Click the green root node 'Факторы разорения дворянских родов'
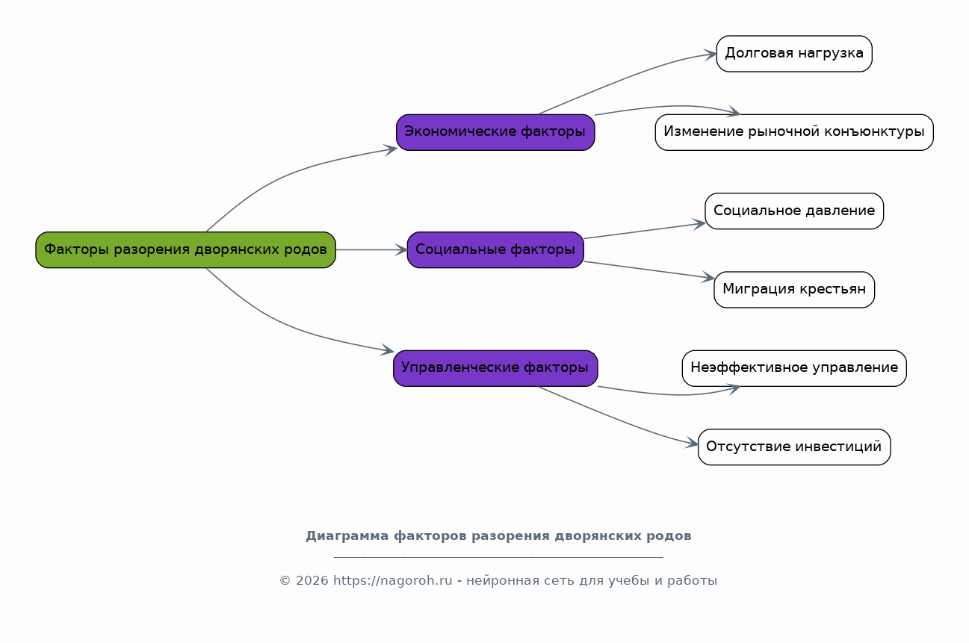(x=185, y=250)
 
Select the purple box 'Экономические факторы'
(x=495, y=132)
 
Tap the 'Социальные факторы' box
(x=495, y=250)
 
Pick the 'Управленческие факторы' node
(x=495, y=368)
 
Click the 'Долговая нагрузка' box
(x=794, y=54)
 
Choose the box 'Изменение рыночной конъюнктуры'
(x=794, y=132)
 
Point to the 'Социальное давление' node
(x=794, y=211)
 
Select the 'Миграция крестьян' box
(x=794, y=290)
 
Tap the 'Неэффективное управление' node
(x=794, y=368)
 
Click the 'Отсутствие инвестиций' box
(x=794, y=447)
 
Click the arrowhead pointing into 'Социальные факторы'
(x=401, y=250)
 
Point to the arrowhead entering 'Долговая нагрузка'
(x=710, y=55)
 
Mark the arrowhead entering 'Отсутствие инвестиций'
(x=692, y=442)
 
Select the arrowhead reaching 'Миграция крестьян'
(x=708, y=277)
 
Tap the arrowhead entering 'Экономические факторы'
(x=391, y=150)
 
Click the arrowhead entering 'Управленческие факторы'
(x=387, y=350)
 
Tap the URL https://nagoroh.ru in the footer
(x=393, y=581)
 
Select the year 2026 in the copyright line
(x=312, y=581)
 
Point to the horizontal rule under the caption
(x=498, y=557)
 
